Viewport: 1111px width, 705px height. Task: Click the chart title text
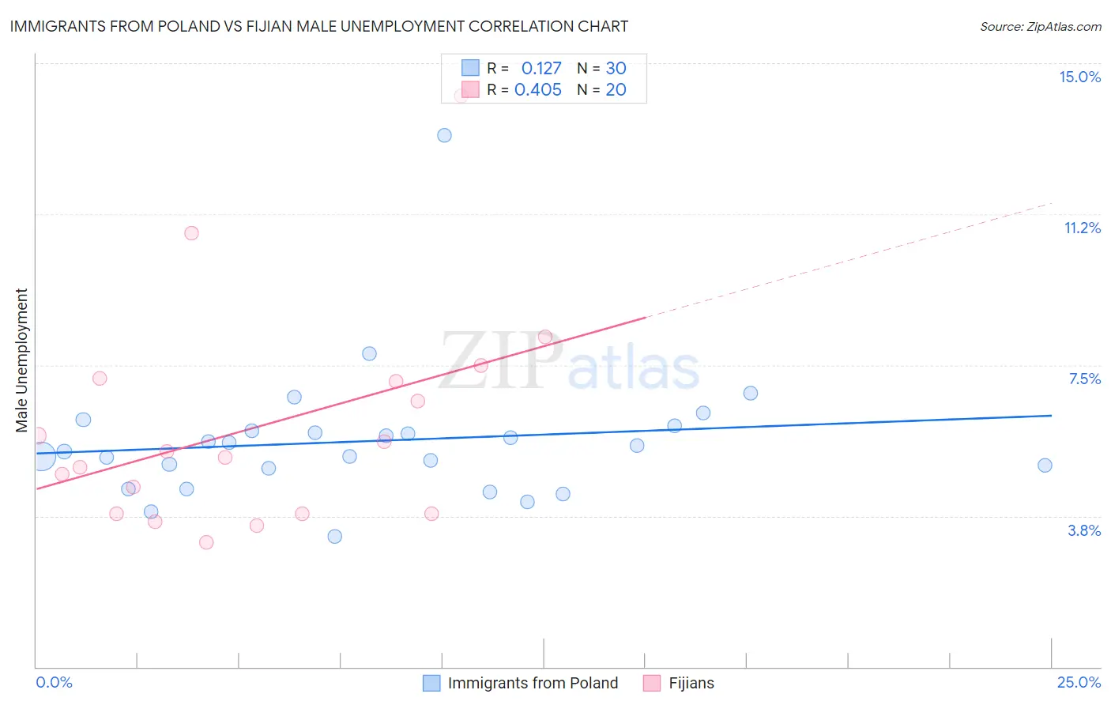coord(318,26)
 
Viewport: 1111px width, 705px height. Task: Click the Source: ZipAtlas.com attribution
coord(1040,27)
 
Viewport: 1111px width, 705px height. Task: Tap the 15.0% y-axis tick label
coord(1079,77)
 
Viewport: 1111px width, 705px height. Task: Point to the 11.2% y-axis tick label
coord(1082,228)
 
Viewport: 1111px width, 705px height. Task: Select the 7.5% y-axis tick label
coord(1084,379)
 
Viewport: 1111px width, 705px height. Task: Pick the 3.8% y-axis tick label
coord(1084,530)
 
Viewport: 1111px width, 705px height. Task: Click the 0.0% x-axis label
coord(54,682)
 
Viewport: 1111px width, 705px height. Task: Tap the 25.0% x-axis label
coord(1079,682)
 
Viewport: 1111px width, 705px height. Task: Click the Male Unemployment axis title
coord(21,360)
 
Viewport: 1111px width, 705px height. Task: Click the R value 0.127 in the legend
coord(541,69)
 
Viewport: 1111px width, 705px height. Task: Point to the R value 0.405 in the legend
coord(538,90)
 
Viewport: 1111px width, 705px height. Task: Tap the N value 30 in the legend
coord(616,69)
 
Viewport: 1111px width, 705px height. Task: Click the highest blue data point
coord(444,135)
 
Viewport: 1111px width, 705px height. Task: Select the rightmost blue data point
coord(1045,466)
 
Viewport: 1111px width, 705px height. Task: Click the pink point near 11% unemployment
coord(191,233)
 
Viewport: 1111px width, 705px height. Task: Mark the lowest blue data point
coord(335,537)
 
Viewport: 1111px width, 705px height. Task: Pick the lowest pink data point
coord(206,542)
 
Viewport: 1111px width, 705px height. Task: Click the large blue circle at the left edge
coord(41,456)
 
